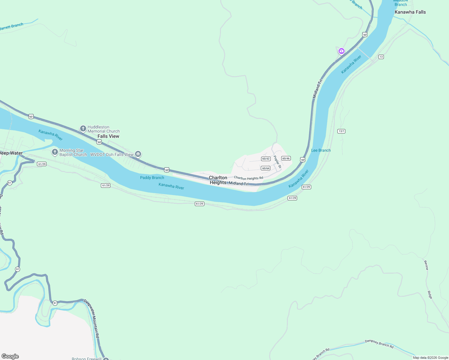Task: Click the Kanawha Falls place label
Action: [410, 12]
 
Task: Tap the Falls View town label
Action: [108, 136]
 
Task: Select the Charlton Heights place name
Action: [218, 180]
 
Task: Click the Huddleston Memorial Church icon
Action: [83, 129]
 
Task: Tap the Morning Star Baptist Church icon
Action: [55, 152]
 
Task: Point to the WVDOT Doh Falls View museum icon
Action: [138, 154]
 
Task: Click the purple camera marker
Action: [341, 51]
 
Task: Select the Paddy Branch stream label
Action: [152, 178]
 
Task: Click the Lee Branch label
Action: [321, 150]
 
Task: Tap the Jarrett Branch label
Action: [11, 27]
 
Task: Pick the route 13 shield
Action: [381, 57]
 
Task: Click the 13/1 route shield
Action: [341, 131]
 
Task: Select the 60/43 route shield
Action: [266, 159]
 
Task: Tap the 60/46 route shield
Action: [286, 158]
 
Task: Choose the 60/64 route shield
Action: [266, 168]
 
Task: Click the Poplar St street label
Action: [277, 162]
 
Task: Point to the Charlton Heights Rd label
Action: [249, 178]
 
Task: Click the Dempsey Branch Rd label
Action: [379, 343]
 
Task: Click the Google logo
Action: [10, 356]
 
